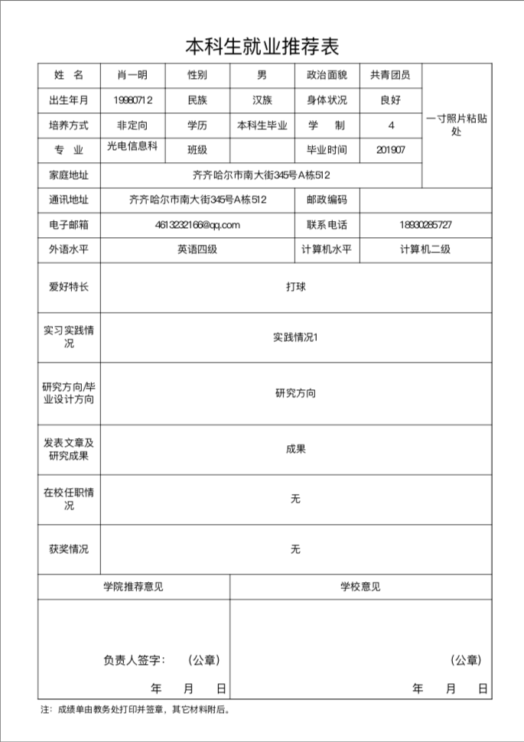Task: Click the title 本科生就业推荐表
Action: point(262,47)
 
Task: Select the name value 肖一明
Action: point(132,75)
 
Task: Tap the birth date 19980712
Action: point(132,100)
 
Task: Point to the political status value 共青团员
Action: point(390,75)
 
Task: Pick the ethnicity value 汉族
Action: point(262,100)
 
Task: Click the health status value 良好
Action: point(390,100)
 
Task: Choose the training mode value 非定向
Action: point(132,125)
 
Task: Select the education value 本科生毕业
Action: point(262,125)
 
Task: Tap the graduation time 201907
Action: point(391,150)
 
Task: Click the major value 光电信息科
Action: point(132,146)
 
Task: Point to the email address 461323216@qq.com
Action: point(197,225)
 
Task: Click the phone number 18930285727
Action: point(425,225)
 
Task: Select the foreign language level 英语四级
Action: point(197,249)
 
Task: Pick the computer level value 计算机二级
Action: point(425,249)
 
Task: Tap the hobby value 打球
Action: point(295,287)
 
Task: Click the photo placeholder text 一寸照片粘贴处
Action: point(457,125)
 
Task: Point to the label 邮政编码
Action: point(327,200)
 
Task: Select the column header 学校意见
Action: point(360,587)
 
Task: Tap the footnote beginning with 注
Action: point(135,709)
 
